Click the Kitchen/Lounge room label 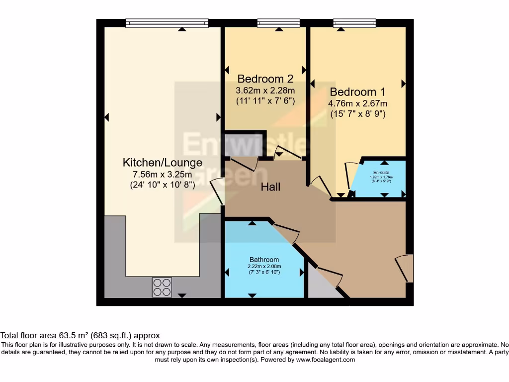tap(163, 163)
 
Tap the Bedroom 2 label tap(265, 79)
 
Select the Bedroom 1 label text tap(357, 92)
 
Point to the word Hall tap(271, 187)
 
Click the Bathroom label tap(264, 260)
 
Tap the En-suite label tap(381, 173)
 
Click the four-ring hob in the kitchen tap(162, 287)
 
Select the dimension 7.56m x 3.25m tap(163, 174)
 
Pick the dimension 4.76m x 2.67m tap(357, 103)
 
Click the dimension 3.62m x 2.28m tap(265, 91)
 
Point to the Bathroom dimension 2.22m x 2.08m tap(264, 266)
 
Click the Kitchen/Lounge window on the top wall tap(167, 23)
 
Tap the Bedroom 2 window tap(278, 23)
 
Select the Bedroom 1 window tap(354, 23)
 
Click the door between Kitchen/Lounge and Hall tap(217, 193)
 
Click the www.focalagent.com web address tap(326, 360)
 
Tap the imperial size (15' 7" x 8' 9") tap(357, 114)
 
